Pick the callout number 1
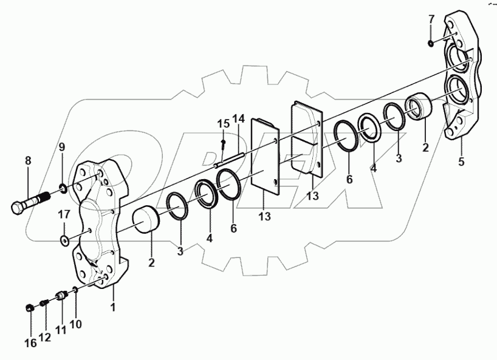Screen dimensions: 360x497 112,308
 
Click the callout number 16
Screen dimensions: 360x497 30,343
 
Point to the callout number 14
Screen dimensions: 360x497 238,118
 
